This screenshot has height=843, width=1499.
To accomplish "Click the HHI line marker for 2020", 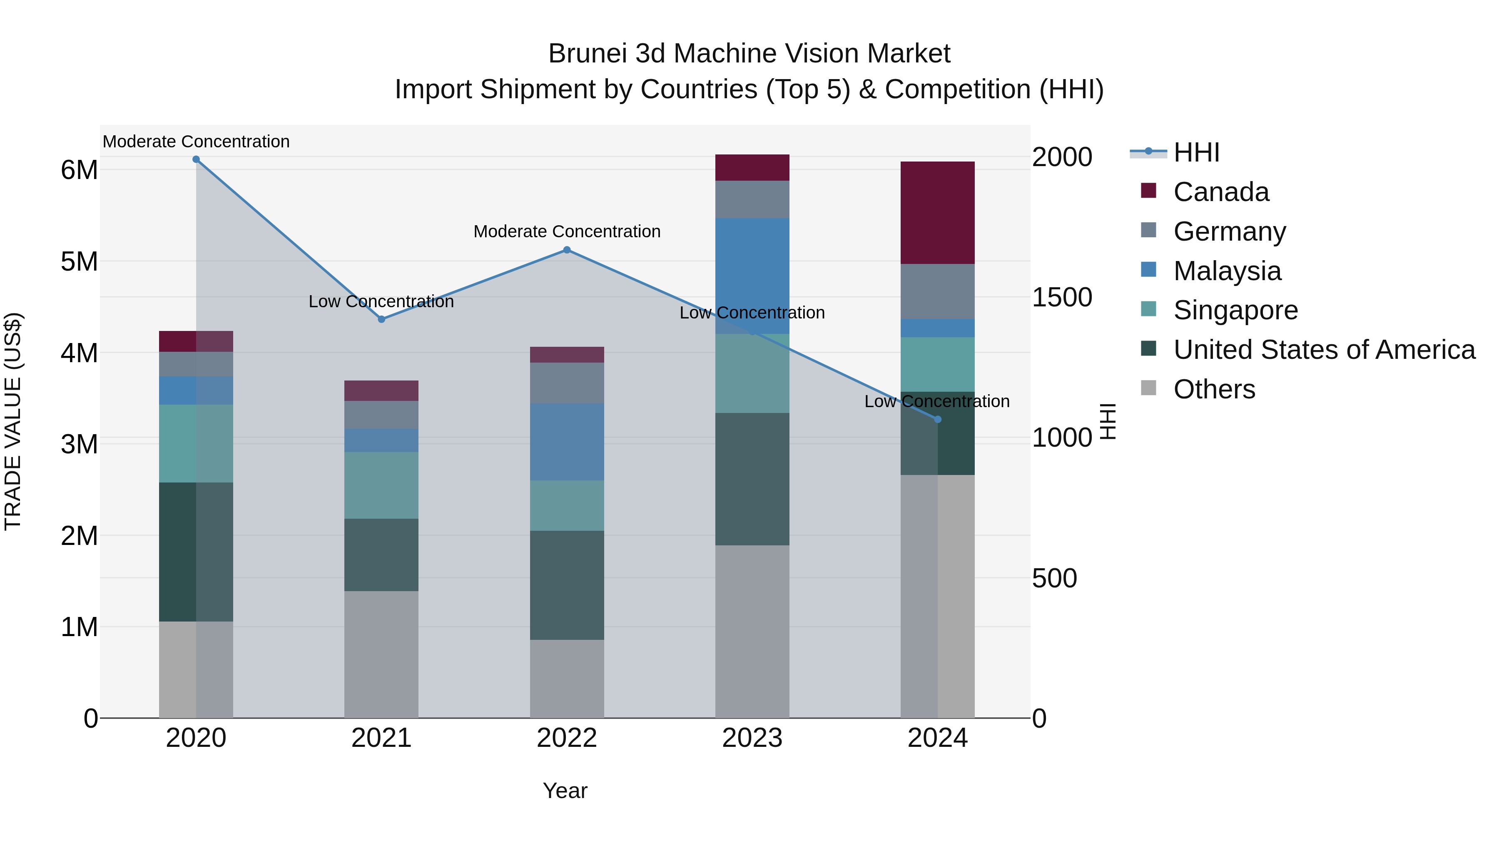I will [196, 159].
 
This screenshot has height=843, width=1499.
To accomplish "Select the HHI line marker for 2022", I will [567, 250].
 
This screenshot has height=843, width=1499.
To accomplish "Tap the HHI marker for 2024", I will [937, 420].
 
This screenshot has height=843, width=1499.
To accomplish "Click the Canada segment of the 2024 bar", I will [937, 213].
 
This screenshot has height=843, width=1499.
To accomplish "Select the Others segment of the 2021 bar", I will [381, 654].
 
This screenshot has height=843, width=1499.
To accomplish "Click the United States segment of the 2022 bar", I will [567, 585].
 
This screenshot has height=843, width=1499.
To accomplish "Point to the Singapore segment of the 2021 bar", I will [381, 485].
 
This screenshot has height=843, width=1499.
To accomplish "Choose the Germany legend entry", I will [1229, 231].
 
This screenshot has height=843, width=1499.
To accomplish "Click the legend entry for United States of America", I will [1324, 350].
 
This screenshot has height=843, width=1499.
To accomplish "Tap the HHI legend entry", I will [1196, 152].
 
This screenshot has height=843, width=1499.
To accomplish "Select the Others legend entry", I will [1214, 389].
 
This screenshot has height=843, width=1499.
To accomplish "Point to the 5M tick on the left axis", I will [79, 261].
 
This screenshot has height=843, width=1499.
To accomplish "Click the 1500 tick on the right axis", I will [1061, 297].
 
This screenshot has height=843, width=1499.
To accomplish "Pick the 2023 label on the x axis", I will [752, 738].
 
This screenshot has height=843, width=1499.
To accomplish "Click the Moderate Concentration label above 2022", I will [567, 231].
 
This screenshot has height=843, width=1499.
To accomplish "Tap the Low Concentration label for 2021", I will [381, 301].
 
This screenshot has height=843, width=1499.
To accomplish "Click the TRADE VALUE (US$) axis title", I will [13, 421].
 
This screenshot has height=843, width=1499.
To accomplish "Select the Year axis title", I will [565, 791].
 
